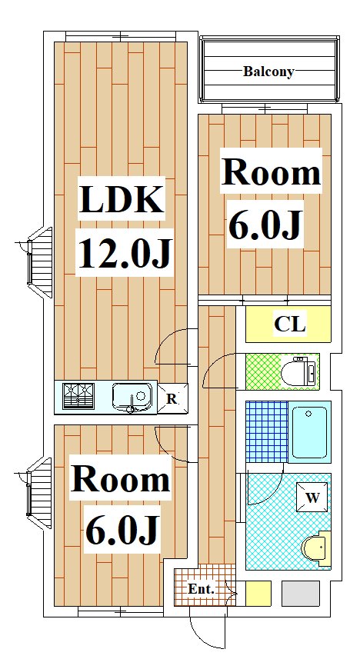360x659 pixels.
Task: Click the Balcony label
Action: coord(268,72)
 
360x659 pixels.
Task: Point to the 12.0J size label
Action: coord(124,252)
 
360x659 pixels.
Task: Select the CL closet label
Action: coord(289,324)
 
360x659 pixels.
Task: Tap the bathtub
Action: coord(309,432)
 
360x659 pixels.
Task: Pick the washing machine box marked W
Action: coord(312,498)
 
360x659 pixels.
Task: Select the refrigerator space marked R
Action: coord(172,398)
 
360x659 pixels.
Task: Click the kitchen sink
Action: coord(132,397)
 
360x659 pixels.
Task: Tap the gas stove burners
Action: coord(78,396)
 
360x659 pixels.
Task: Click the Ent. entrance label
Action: coord(201,589)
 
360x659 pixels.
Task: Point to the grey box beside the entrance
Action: coord(300,594)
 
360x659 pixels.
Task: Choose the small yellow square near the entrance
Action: coord(258,594)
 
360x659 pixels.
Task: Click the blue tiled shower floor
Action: coord(267,431)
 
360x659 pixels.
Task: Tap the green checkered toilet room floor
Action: coord(263,371)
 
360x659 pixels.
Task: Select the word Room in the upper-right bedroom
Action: coord(272,172)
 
